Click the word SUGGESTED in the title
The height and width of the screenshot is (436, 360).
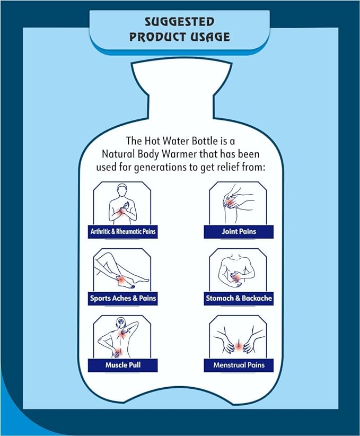pyautogui.click(x=180, y=22)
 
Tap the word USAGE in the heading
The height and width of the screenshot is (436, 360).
pyautogui.click(x=206, y=37)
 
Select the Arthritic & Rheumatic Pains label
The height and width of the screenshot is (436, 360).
pyautogui.click(x=123, y=231)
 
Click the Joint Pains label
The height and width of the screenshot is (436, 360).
pyautogui.click(x=239, y=231)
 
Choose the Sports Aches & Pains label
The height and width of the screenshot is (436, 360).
pyautogui.click(x=123, y=299)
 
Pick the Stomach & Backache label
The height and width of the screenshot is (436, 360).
pyautogui.click(x=239, y=299)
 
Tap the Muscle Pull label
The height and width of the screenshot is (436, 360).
pyautogui.click(x=123, y=365)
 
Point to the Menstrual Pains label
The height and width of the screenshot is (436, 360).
pyautogui.click(x=239, y=365)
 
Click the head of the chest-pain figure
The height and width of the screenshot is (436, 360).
pyautogui.click(x=122, y=190)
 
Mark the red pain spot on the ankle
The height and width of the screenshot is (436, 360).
pyautogui.click(x=121, y=280)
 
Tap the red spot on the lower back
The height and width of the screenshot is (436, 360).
pyautogui.click(x=119, y=352)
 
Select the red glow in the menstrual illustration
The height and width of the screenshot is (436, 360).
pyautogui.click(x=239, y=345)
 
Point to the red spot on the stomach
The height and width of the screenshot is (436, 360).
pyautogui.click(x=238, y=277)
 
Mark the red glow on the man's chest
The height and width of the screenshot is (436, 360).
pyautogui.click(x=122, y=212)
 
